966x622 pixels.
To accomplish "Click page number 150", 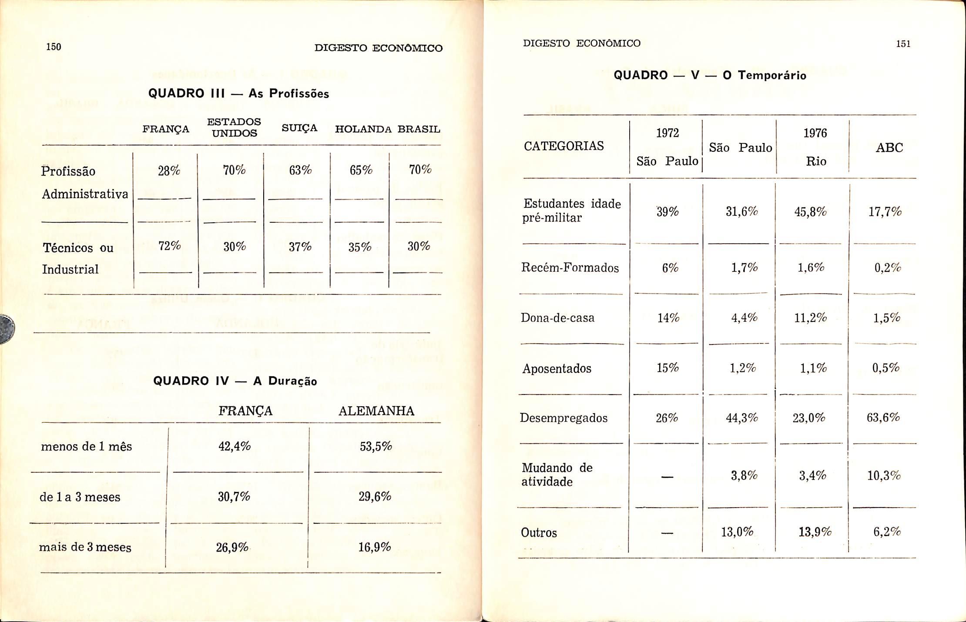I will tap(54, 47).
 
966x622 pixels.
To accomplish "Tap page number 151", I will tap(903, 43).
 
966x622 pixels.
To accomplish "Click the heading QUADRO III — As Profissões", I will tap(238, 94).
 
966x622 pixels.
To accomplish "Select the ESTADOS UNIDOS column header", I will tap(234, 127).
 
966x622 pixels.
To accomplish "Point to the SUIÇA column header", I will tap(299, 128).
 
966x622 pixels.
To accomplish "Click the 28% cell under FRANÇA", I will tap(169, 171).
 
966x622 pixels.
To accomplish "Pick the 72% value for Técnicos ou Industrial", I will tap(170, 246).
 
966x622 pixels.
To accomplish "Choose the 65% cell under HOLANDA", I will tap(361, 170).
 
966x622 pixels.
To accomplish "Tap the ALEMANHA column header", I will tap(376, 411).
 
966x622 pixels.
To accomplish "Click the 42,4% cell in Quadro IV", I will tap(235, 446).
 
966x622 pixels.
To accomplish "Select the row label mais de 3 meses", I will tap(85, 547).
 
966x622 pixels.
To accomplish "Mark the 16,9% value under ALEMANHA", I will tap(375, 547).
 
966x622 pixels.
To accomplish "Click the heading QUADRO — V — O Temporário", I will tap(710, 75).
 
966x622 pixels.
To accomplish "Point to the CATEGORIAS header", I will tap(563, 146).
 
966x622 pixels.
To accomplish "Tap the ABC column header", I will tap(889, 148).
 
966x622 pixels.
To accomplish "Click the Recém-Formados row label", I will tap(570, 268).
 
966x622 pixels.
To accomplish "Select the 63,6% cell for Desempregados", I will tap(883, 418).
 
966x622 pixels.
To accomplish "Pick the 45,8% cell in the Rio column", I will tap(810, 212).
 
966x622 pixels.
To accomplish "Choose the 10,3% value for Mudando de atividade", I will tap(884, 475).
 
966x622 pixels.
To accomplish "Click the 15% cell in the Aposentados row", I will tap(667, 368).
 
